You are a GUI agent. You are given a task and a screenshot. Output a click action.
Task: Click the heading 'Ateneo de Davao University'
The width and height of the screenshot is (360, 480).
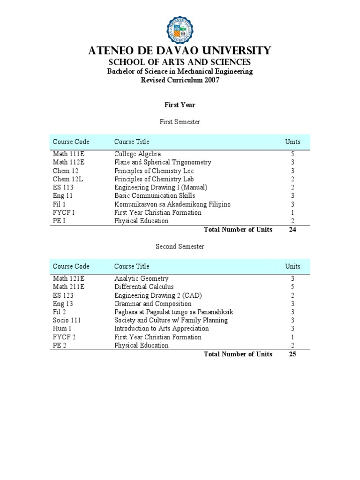(x=180, y=51)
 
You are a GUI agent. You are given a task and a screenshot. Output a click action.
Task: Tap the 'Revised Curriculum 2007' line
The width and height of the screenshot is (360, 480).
(x=180, y=80)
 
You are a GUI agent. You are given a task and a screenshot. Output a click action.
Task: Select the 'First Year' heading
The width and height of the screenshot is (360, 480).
(x=180, y=105)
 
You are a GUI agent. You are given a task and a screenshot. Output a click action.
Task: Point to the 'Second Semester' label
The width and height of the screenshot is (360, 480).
(x=180, y=246)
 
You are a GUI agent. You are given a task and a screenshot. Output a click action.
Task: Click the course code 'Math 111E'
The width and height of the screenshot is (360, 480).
(x=69, y=154)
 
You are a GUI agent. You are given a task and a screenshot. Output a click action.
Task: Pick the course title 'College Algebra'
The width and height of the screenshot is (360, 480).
(x=137, y=154)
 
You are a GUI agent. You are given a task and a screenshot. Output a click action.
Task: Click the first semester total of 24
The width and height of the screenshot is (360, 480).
(x=292, y=230)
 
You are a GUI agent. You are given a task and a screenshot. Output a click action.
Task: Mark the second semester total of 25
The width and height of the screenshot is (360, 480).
(x=292, y=354)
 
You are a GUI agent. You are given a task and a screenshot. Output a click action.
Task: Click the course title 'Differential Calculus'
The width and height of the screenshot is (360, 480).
(x=144, y=287)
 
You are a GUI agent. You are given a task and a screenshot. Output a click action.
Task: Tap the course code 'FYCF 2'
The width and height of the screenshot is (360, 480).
(x=64, y=337)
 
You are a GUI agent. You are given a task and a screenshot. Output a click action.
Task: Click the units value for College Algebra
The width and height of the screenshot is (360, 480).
(x=292, y=154)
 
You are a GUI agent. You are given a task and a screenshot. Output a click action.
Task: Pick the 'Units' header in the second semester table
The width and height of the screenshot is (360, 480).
(x=292, y=266)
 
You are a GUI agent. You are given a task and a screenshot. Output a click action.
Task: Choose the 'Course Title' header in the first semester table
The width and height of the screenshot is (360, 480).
(x=132, y=142)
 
